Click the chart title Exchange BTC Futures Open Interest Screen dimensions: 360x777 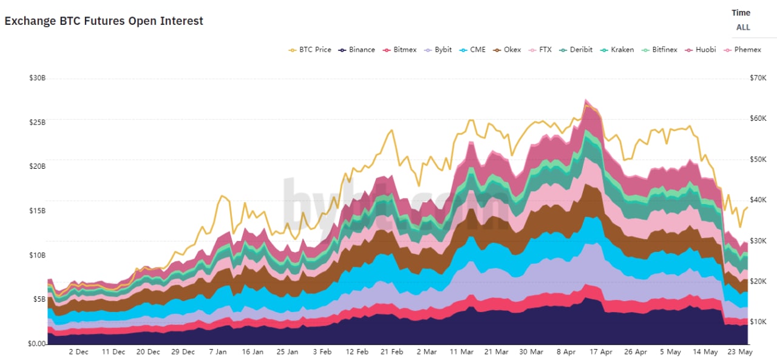[x=104, y=21]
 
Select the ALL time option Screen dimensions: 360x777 [x=743, y=27]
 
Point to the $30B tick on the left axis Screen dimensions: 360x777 [x=38, y=78]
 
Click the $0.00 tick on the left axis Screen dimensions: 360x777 [x=38, y=344]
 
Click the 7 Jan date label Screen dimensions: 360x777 [x=217, y=352]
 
